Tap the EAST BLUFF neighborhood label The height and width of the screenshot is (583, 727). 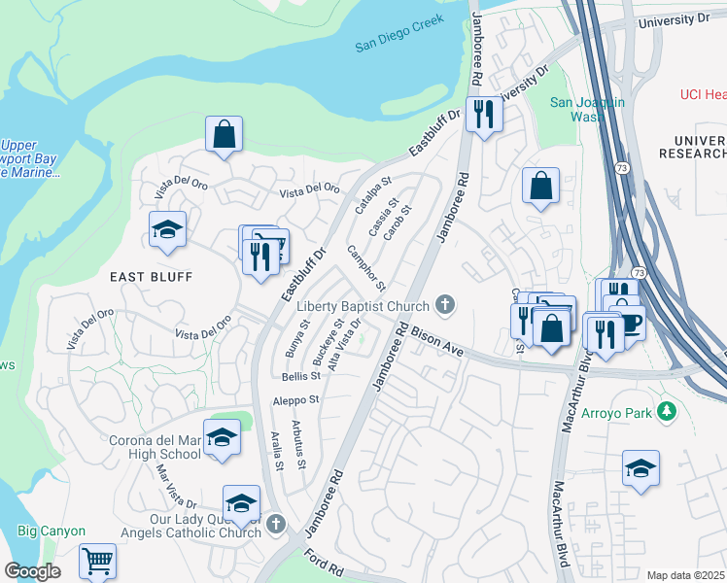tap(151, 277)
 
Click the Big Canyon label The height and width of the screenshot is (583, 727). tap(52, 532)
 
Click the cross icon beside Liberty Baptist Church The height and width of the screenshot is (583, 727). tap(446, 306)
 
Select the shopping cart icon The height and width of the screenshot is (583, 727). tap(97, 561)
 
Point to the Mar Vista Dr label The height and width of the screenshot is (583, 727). tap(177, 486)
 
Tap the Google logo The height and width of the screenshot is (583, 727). tap(32, 571)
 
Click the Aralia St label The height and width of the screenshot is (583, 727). tap(277, 452)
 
